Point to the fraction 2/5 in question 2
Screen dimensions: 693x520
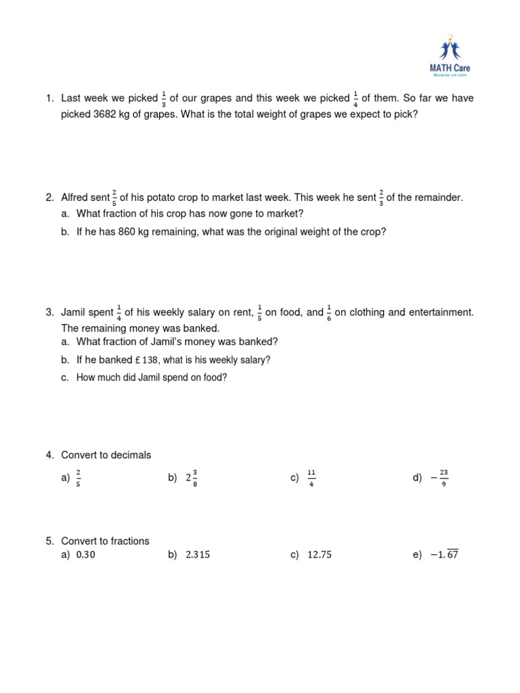(114, 198)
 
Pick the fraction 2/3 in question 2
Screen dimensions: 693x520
(381, 198)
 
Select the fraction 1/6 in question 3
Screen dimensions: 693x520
(329, 313)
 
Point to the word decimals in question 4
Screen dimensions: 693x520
(129, 455)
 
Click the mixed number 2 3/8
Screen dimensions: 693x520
(192, 478)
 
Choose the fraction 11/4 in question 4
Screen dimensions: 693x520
(311, 478)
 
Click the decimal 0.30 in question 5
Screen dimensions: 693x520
(91, 555)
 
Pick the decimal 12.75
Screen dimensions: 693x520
(320, 555)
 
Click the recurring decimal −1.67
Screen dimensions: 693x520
(443, 555)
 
